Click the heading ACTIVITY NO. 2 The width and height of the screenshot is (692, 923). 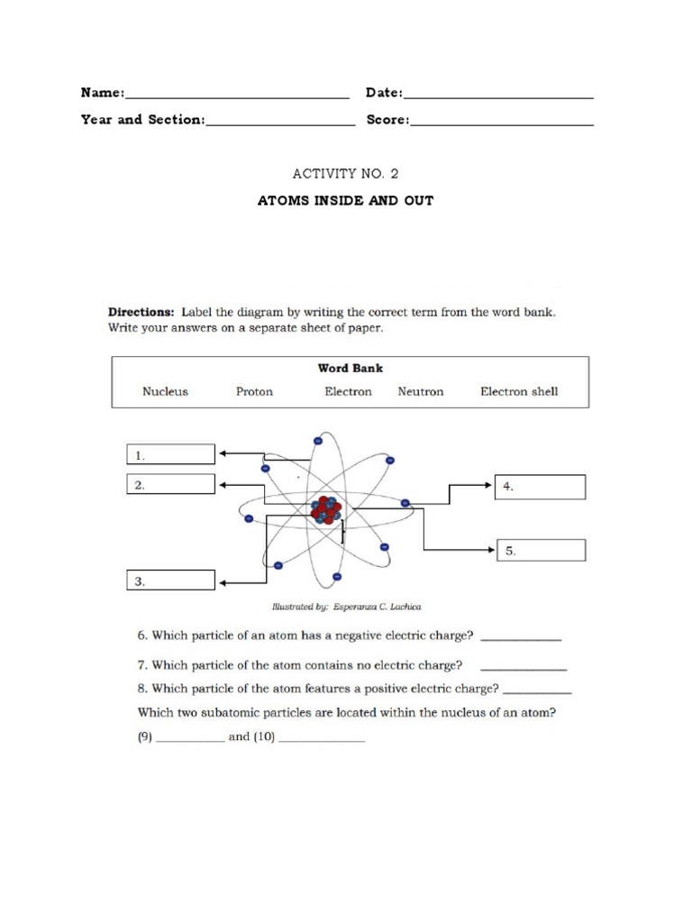click(346, 174)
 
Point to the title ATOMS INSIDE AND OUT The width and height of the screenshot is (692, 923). click(346, 200)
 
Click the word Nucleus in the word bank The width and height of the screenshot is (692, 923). click(165, 392)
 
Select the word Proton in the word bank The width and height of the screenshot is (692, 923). click(254, 392)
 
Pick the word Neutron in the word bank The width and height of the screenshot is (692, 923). click(421, 392)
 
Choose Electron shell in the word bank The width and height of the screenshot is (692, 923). click(519, 392)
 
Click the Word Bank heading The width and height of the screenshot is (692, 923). click(350, 369)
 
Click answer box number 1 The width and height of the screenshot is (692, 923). click(170, 454)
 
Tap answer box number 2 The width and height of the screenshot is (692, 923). click(170, 485)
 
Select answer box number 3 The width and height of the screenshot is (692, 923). click(170, 581)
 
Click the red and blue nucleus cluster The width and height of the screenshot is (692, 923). click(325, 510)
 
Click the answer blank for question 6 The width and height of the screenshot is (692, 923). click(521, 638)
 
